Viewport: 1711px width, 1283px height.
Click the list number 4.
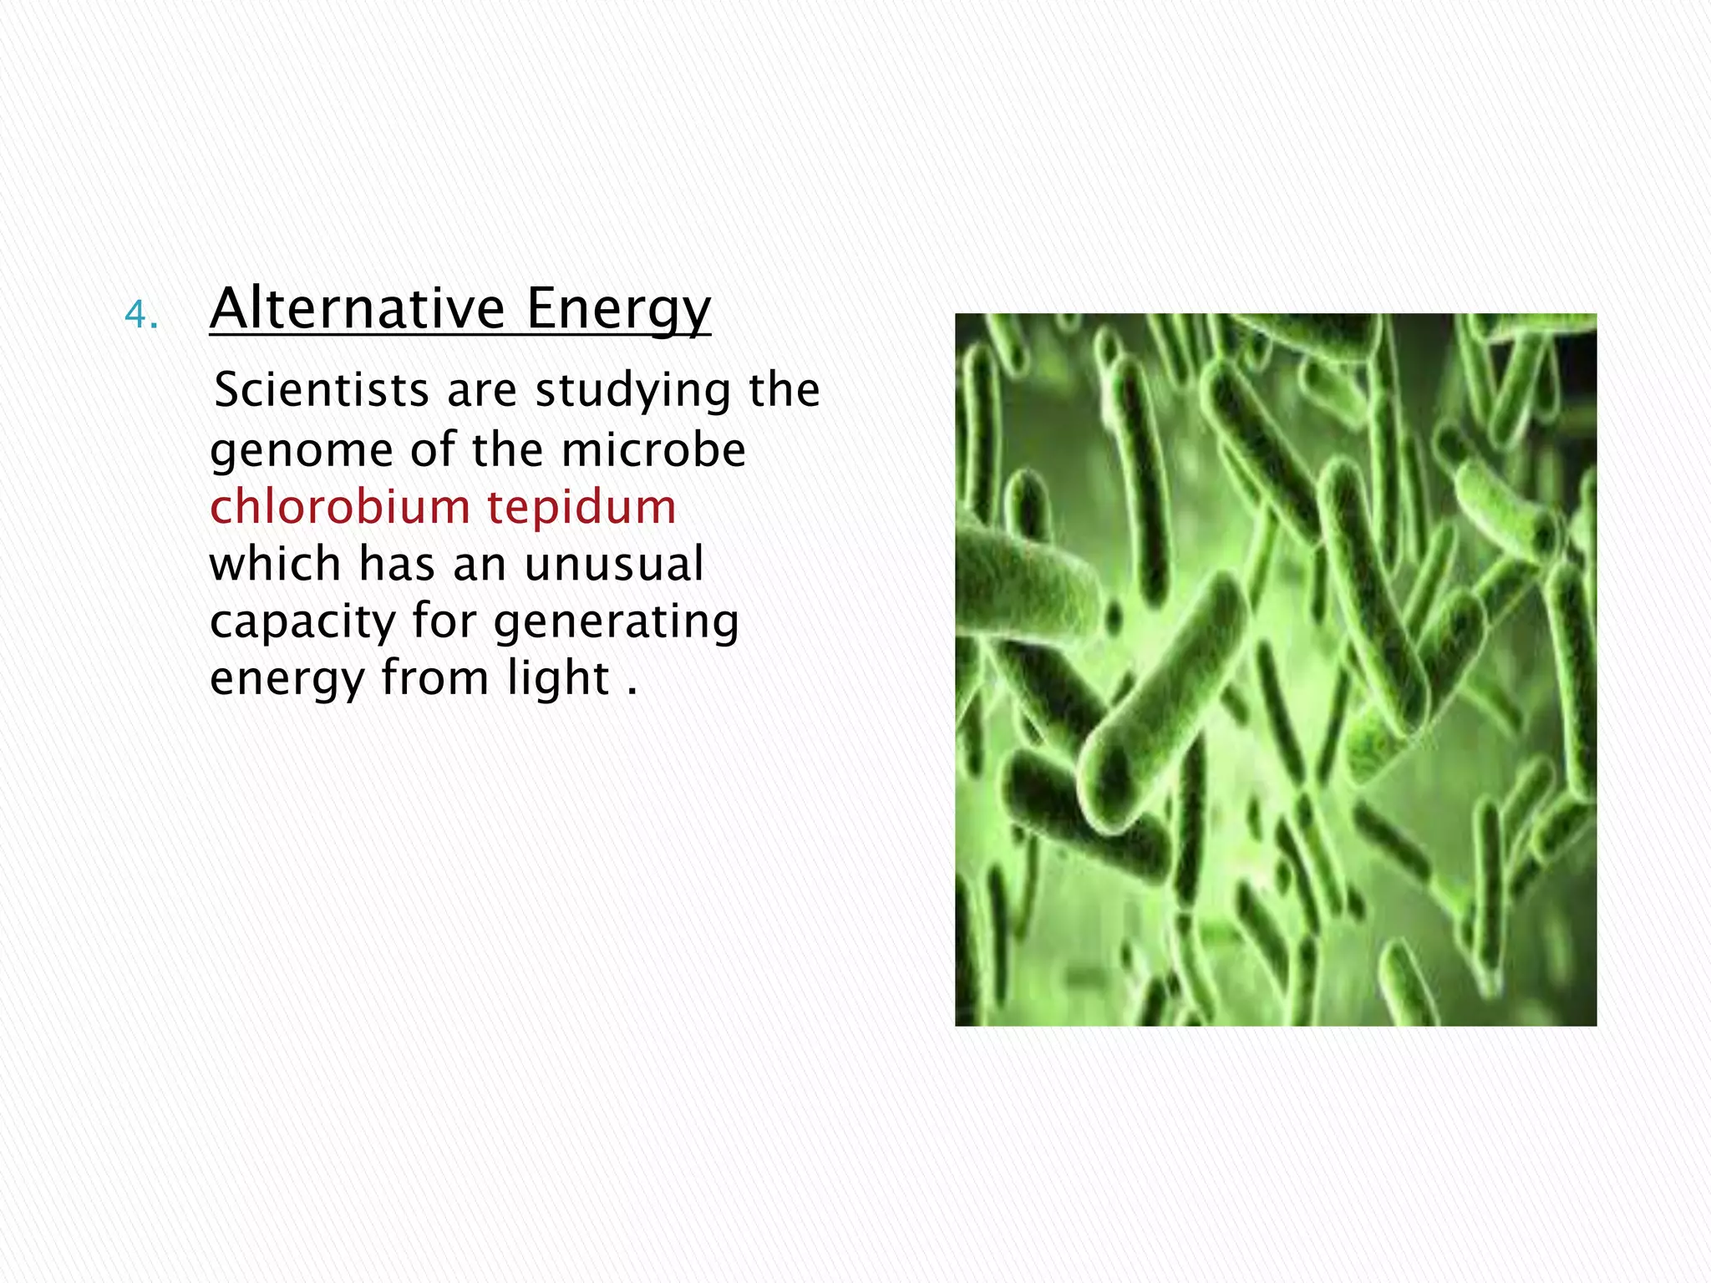click(140, 315)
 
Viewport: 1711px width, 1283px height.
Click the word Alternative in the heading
click(357, 309)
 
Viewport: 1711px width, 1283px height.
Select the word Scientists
click(322, 390)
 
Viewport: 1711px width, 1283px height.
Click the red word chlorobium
click(340, 506)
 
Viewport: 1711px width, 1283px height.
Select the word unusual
click(614, 564)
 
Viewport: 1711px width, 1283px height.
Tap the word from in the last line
click(435, 677)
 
